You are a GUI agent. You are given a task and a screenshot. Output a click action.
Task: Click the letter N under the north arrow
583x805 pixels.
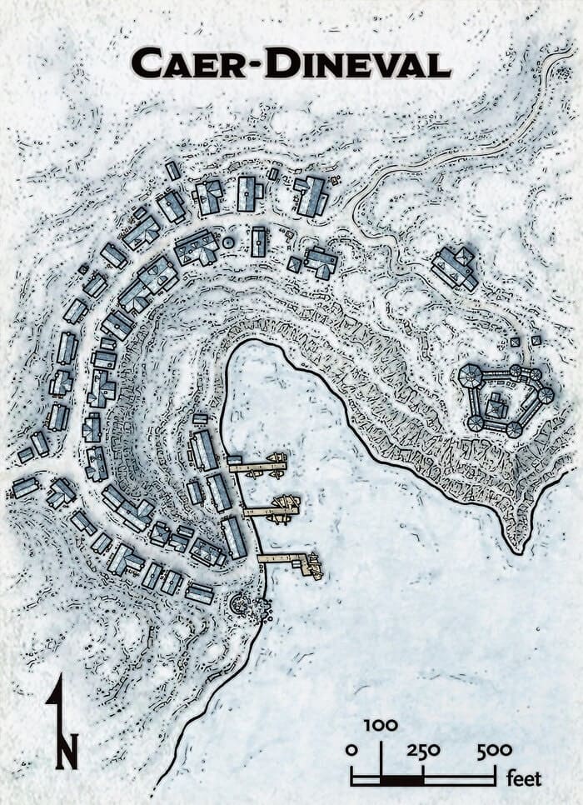(67, 751)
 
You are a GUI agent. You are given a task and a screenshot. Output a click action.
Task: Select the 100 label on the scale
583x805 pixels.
(381, 725)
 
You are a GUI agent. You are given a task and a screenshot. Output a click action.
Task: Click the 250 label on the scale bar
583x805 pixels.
(423, 749)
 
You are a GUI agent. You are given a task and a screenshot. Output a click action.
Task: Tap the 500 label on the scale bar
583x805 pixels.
(495, 749)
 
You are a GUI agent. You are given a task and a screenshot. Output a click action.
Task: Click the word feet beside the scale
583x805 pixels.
(525, 779)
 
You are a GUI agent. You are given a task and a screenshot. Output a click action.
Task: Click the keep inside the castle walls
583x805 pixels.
(496, 407)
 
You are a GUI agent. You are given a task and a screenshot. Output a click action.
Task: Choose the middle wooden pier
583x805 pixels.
(271, 507)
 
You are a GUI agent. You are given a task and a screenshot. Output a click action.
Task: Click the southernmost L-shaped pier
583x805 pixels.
(291, 560)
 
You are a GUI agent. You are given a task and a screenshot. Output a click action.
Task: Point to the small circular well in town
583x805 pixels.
(228, 242)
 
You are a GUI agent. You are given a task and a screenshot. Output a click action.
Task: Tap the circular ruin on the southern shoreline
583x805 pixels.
(242, 602)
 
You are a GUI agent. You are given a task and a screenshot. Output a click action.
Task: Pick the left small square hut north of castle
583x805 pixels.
(515, 342)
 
